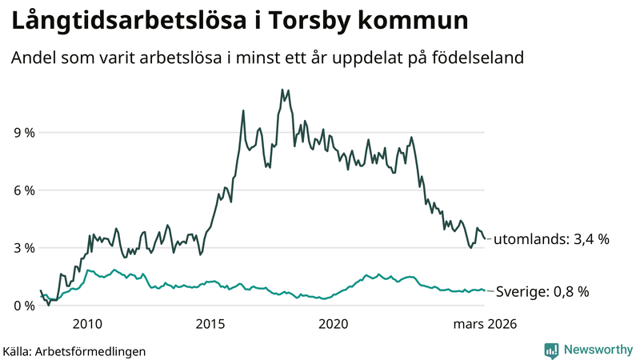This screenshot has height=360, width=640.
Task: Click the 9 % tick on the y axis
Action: pyautogui.click(x=22, y=133)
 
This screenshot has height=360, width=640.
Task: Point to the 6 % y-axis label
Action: pyautogui.click(x=22, y=190)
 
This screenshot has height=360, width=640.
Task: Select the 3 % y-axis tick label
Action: pyautogui.click(x=22, y=248)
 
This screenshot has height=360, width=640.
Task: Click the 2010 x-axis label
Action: pyautogui.click(x=87, y=324)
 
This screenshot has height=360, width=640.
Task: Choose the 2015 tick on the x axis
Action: pyautogui.click(x=210, y=324)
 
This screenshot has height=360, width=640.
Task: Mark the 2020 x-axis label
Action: pyautogui.click(x=334, y=324)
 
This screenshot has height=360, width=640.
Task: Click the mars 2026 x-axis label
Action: pyautogui.click(x=484, y=324)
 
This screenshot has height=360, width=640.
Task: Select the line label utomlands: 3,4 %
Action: pyautogui.click(x=551, y=239)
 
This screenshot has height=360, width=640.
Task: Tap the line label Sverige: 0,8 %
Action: pyautogui.click(x=542, y=292)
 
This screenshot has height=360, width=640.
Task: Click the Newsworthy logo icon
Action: pyautogui.click(x=551, y=350)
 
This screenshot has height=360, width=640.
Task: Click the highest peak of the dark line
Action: pyautogui.click(x=282, y=90)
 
